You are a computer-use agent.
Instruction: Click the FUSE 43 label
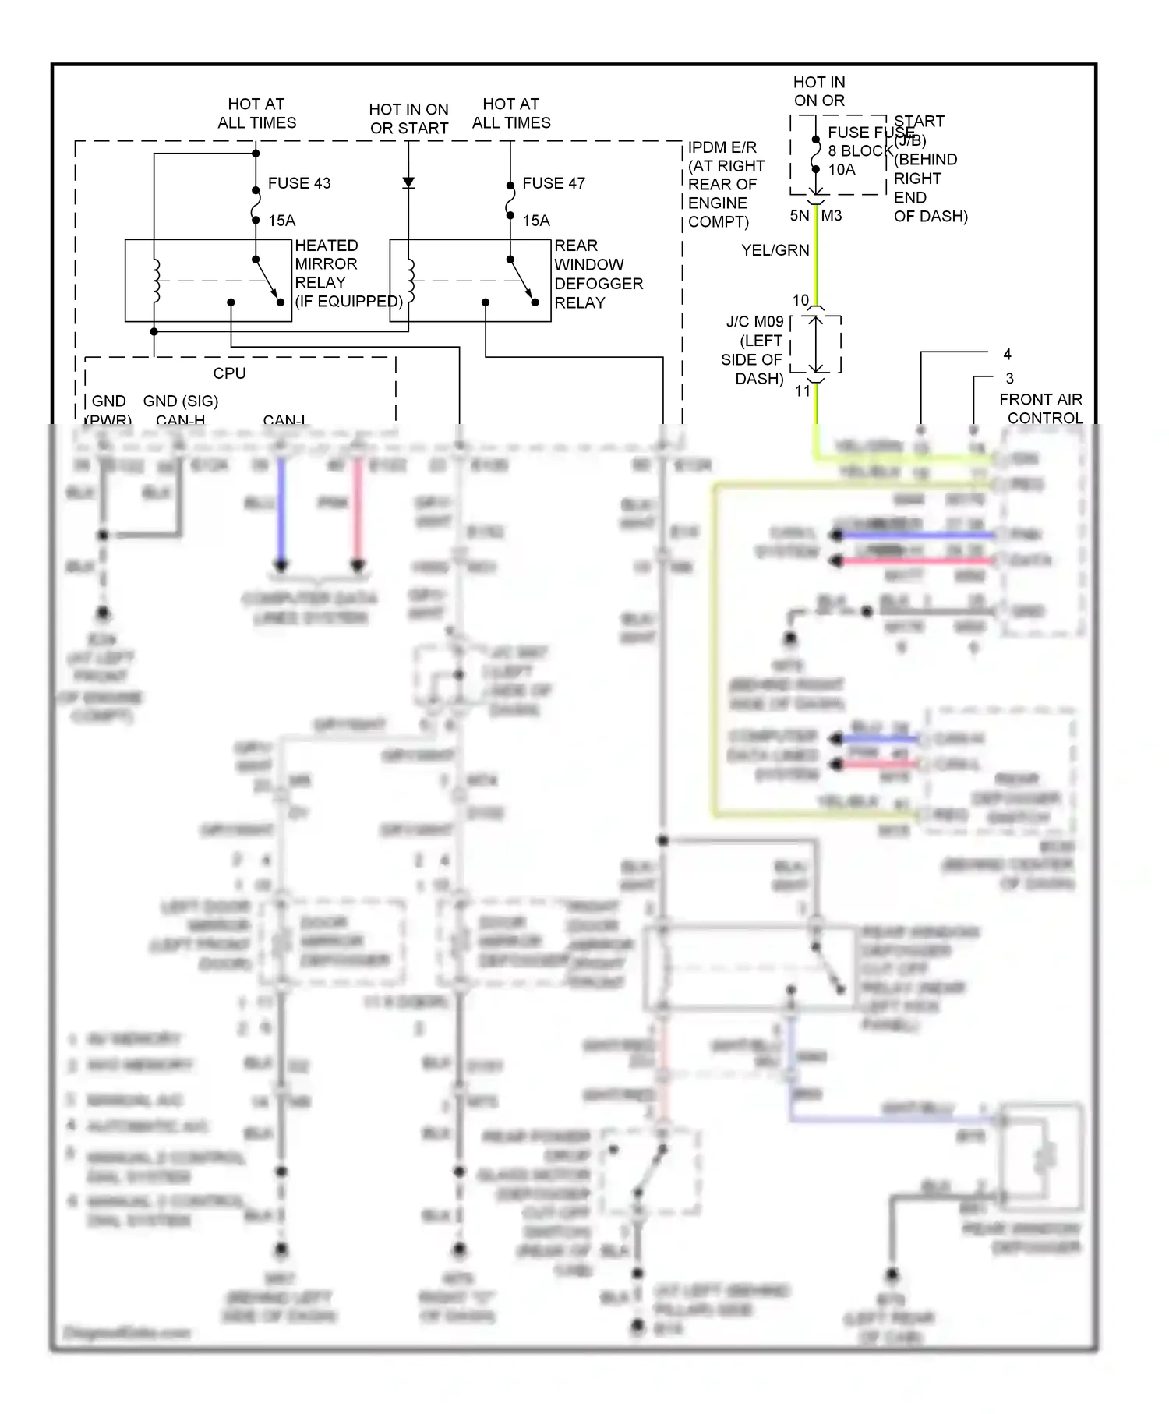tap(299, 183)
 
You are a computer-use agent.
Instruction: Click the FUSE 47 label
tap(553, 183)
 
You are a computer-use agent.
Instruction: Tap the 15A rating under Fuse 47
tap(536, 221)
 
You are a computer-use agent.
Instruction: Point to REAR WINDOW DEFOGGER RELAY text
tap(598, 274)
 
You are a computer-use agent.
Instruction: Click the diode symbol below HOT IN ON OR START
tap(408, 183)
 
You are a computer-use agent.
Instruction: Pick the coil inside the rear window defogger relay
tap(411, 281)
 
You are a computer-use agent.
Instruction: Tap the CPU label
tap(229, 373)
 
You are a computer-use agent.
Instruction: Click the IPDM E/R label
tap(722, 147)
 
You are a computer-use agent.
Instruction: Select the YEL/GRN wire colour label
tap(775, 250)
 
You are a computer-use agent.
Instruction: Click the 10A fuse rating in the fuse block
tap(842, 169)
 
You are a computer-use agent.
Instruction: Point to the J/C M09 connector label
tap(754, 321)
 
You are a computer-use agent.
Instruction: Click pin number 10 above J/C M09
tap(800, 300)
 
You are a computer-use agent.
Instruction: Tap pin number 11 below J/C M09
tap(803, 391)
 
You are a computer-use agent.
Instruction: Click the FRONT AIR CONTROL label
tap(1041, 408)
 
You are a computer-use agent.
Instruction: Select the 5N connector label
tap(800, 216)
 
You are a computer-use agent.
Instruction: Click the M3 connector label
tap(832, 216)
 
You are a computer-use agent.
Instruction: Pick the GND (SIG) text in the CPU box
tap(180, 401)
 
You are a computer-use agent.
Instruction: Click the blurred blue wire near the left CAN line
tap(281, 511)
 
